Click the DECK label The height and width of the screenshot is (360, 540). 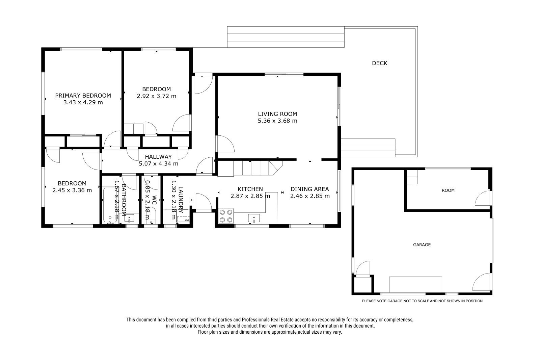coord(379,63)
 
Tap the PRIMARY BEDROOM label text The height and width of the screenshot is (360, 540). coord(83,96)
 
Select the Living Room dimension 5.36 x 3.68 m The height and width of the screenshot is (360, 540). coord(277,121)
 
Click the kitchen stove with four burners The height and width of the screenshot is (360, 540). coord(226,216)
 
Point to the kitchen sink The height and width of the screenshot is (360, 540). coord(254,218)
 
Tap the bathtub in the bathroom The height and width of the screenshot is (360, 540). coord(110,205)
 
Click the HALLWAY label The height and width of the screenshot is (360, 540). coord(158,157)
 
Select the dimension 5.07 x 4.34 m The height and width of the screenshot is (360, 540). coord(158,163)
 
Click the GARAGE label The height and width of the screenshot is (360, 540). coord(422,245)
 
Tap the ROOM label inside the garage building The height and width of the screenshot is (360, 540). coord(448,190)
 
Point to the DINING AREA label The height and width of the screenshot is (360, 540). coord(309,189)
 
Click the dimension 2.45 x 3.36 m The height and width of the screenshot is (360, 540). coord(72,190)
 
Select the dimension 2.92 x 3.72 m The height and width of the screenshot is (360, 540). coord(157,96)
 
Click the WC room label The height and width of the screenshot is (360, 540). coord(154,200)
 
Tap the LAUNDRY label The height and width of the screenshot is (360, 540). coord(181,200)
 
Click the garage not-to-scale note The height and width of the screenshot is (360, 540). coord(422,301)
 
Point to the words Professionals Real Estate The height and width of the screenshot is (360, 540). coord(268,320)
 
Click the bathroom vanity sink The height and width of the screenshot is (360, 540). coord(129,218)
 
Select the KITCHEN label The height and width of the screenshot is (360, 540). coord(250,189)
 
